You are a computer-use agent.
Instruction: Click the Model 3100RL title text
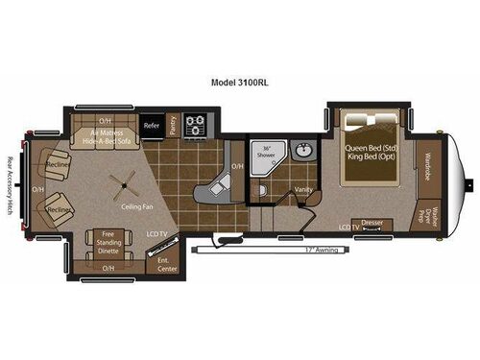[239, 82]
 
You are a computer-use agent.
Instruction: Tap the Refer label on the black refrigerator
[151, 125]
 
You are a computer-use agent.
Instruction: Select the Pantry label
[174, 125]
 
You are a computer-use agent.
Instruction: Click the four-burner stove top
[195, 125]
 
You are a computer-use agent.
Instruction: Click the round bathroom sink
[302, 153]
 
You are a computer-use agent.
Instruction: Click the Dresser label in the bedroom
[372, 223]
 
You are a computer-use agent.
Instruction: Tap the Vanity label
[303, 190]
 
